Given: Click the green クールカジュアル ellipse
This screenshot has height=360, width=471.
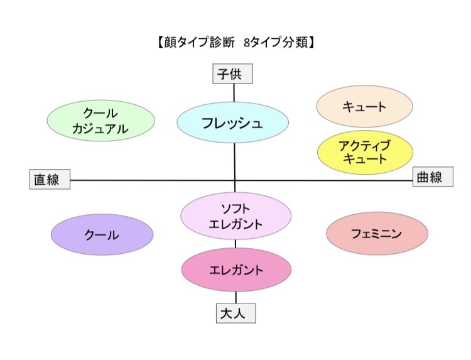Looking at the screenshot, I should (x=101, y=121).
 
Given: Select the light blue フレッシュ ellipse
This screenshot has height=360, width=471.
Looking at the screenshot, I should (x=233, y=123).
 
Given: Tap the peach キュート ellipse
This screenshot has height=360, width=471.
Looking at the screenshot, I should (x=364, y=106).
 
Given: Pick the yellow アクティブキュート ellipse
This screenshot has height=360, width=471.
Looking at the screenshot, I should (x=364, y=153).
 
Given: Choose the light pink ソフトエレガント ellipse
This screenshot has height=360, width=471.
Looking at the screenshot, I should (x=235, y=215).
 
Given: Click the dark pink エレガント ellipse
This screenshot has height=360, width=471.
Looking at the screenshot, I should (x=235, y=270).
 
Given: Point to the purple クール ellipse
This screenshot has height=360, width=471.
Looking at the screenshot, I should (x=102, y=235).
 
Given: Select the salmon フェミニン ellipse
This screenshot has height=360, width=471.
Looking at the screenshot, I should (x=377, y=234).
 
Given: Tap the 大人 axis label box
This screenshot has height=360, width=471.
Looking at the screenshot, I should (x=237, y=313).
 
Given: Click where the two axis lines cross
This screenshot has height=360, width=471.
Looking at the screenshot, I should (x=235, y=180).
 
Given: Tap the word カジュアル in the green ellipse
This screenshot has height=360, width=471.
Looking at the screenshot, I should (x=101, y=128).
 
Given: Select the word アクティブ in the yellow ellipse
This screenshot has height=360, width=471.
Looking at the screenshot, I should (x=364, y=146).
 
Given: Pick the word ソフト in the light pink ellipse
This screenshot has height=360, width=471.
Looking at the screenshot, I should (x=235, y=209).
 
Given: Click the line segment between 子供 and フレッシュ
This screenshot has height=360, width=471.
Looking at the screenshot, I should (x=234, y=93).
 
